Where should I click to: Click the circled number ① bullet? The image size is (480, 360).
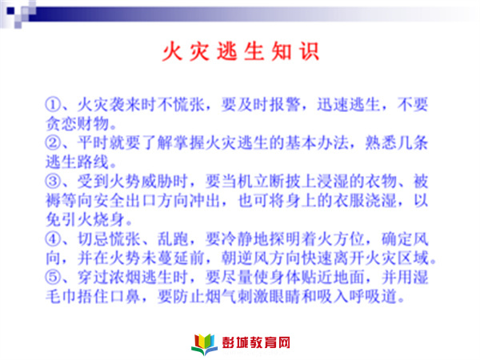[x=53, y=105]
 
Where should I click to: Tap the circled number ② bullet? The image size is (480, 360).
[x=53, y=143]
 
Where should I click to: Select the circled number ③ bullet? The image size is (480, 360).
[x=53, y=182]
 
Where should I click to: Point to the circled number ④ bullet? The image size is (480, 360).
[x=53, y=238]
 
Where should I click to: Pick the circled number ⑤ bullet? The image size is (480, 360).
[x=53, y=277]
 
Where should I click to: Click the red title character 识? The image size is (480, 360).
[x=309, y=51]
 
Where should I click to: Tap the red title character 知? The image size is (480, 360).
[x=282, y=51]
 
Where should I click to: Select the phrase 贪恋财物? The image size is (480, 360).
[x=78, y=124]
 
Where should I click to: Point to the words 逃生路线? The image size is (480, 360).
[x=78, y=162]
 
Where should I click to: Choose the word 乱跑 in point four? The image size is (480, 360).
[x=173, y=238]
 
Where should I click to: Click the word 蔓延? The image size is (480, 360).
[x=173, y=258]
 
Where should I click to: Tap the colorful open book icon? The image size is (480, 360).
[x=205, y=344]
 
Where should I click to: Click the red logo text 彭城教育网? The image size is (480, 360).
[x=256, y=342]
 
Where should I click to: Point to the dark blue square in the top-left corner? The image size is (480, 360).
[x=10, y=11]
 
